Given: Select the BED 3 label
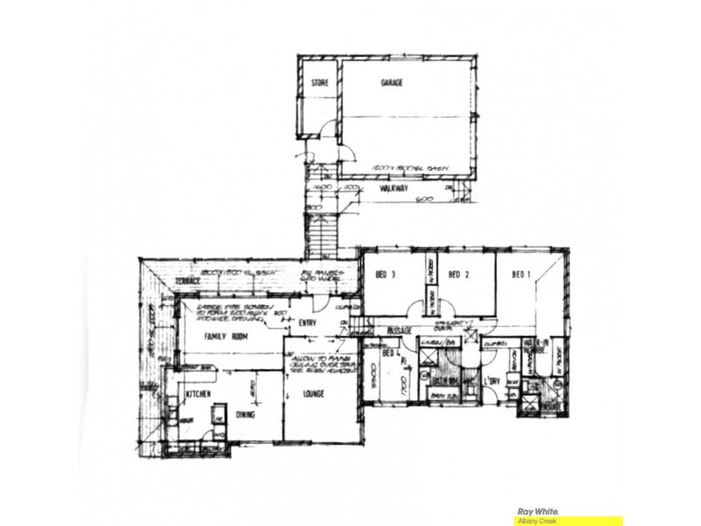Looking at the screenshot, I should point(386,274).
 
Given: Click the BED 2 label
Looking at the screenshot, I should point(459,274).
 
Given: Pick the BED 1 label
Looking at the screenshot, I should point(522,274).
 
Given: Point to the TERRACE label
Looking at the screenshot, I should point(186,280).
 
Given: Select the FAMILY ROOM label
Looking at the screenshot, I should point(222,336).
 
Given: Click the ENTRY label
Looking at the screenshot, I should point(307,323).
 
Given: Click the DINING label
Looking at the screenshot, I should point(245,414).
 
